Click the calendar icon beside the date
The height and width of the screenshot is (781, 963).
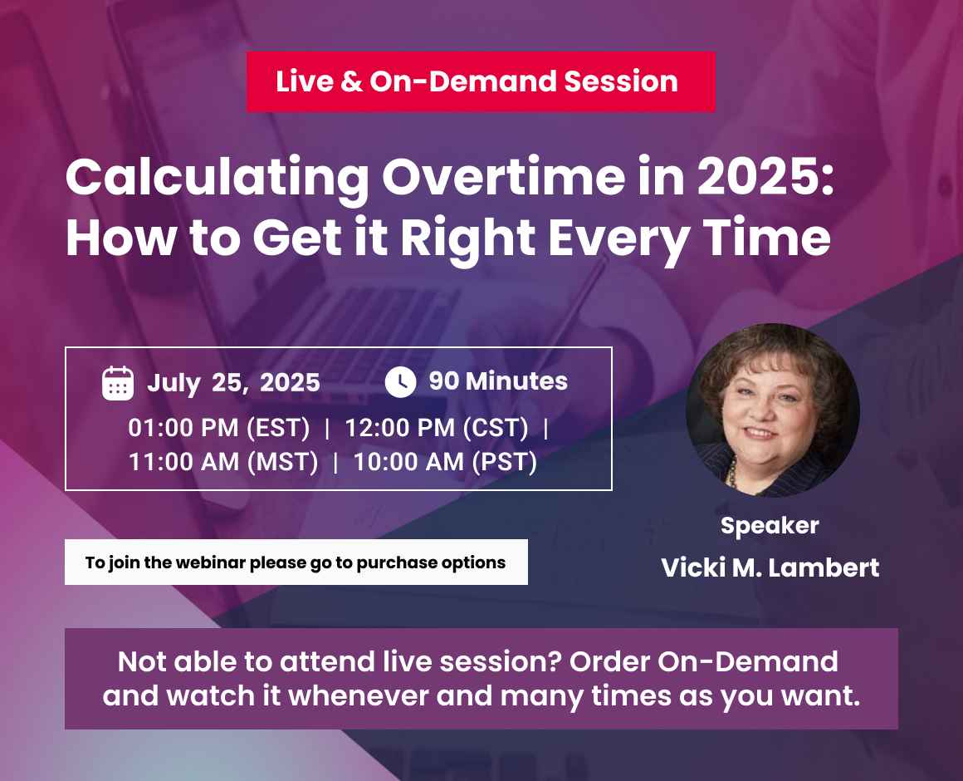pyautogui.click(x=118, y=383)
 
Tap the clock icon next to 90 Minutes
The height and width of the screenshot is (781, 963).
pyautogui.click(x=400, y=381)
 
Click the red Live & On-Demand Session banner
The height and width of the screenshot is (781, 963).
pyautogui.click(x=481, y=81)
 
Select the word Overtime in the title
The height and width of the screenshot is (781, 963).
pyautogui.click(x=503, y=177)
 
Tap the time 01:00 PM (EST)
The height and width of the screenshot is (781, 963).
pyautogui.click(x=219, y=428)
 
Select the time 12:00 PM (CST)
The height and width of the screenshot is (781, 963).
pyautogui.click(x=437, y=428)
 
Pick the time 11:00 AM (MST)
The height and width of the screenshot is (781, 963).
pyautogui.click(x=223, y=462)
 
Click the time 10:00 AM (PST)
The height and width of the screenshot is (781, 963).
pyautogui.click(x=445, y=462)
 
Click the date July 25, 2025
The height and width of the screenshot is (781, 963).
pyautogui.click(x=233, y=383)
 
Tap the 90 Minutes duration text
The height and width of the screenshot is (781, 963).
pyautogui.click(x=498, y=381)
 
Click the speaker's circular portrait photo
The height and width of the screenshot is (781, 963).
pyautogui.click(x=773, y=410)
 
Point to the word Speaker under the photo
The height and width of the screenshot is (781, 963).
pyautogui.click(x=770, y=527)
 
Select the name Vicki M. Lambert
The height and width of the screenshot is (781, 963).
pyautogui.click(x=770, y=567)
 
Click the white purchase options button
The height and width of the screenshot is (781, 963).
pyautogui.click(x=296, y=562)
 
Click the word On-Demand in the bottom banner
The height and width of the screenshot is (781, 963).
pyautogui.click(x=748, y=662)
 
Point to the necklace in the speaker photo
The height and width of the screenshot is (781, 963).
pyautogui.click(x=732, y=473)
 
